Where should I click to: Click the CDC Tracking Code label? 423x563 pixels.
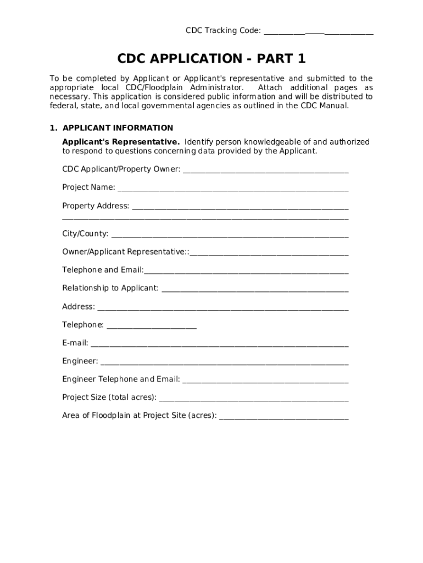click(x=223, y=31)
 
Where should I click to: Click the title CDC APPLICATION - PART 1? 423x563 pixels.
click(x=211, y=59)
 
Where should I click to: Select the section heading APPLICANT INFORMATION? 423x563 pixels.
click(x=118, y=128)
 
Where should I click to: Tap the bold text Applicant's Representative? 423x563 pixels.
click(x=121, y=142)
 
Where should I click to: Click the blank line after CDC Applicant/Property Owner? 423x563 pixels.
click(x=265, y=170)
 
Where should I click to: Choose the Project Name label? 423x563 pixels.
click(x=88, y=187)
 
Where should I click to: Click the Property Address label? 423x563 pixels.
click(x=96, y=206)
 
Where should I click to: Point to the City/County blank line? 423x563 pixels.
click(x=230, y=235)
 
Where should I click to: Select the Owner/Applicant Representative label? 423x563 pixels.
click(x=125, y=252)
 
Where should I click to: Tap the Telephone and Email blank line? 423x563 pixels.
click(x=246, y=271)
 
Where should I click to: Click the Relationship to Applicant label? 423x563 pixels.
click(x=110, y=288)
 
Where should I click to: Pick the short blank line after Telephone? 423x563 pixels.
click(x=152, y=326)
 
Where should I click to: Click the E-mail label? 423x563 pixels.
click(x=75, y=343)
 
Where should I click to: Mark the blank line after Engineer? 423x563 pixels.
click(x=224, y=362)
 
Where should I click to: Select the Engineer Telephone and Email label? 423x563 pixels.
click(x=121, y=379)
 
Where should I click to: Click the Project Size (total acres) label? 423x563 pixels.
click(x=109, y=398)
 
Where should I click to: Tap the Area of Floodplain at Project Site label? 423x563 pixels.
click(x=140, y=416)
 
